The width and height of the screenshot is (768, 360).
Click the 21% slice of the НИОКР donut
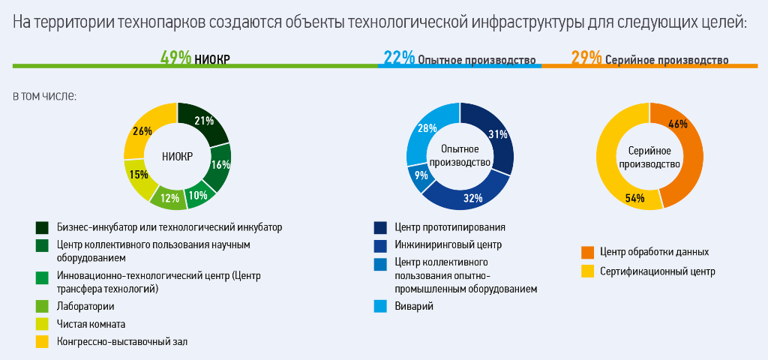point(204,121)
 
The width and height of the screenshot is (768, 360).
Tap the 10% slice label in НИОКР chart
point(197,195)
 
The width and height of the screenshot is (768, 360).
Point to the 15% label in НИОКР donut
point(139,175)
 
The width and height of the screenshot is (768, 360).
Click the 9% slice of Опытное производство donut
point(421,176)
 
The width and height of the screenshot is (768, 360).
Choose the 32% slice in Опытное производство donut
point(472,198)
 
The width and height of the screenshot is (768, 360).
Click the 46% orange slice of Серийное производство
point(679,124)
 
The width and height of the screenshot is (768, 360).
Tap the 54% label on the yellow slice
point(634,198)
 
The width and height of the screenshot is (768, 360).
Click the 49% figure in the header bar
point(175,58)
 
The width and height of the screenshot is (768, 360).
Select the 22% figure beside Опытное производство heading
point(399,58)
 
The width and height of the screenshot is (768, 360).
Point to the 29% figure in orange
point(586,58)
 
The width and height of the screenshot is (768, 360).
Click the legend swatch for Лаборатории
point(43,306)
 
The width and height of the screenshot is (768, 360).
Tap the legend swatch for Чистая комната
point(43,324)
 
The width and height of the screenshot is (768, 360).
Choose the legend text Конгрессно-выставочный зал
point(122,342)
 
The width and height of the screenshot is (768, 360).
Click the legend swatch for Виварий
point(381,306)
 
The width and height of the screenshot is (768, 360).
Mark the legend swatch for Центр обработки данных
point(588,252)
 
